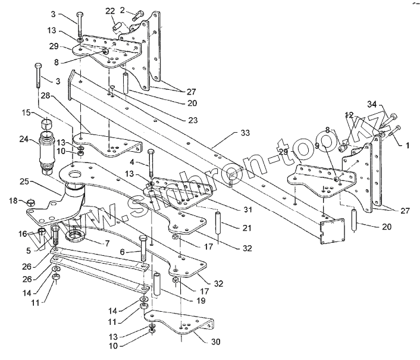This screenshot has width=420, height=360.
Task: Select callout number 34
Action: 372,105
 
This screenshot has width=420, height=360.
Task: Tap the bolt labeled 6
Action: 144,251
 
